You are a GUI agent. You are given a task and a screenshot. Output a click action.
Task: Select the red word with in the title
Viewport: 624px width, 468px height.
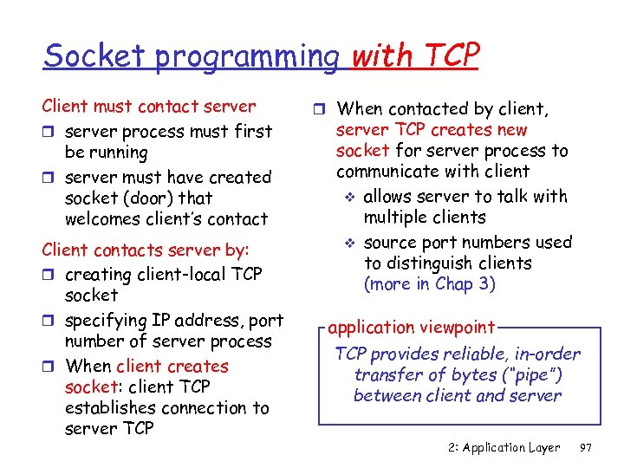pos(384,56)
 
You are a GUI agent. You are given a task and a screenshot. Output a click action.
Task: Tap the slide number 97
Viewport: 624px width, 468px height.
pos(585,448)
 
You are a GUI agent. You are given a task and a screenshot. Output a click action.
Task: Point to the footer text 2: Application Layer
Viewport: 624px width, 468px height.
pos(504,448)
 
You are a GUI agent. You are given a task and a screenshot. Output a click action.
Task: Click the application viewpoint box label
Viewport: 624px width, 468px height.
pos(411,328)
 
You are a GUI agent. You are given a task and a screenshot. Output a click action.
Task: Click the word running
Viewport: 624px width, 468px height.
pos(117,153)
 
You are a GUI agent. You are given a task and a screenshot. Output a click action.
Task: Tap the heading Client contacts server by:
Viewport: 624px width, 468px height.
pos(146,250)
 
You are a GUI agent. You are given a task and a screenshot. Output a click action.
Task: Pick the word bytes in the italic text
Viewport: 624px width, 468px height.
pos(459,374)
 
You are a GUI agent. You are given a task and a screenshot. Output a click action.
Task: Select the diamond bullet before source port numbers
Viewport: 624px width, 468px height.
pos(352,244)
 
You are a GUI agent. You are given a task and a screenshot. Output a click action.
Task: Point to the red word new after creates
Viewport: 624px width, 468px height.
pos(510,130)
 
